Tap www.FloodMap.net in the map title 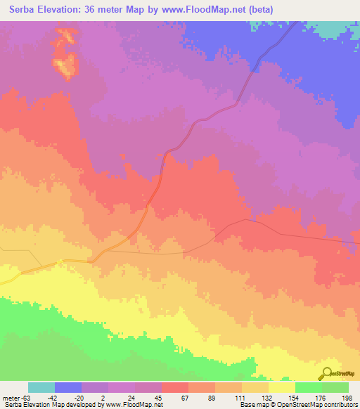pos(202,10)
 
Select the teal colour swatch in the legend pos(41,387)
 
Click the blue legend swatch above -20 pos(68,387)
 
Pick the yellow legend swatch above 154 pos(281,387)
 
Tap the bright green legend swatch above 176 pos(308,387)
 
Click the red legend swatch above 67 pos(175,387)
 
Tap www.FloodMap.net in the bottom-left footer pos(132,405)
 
